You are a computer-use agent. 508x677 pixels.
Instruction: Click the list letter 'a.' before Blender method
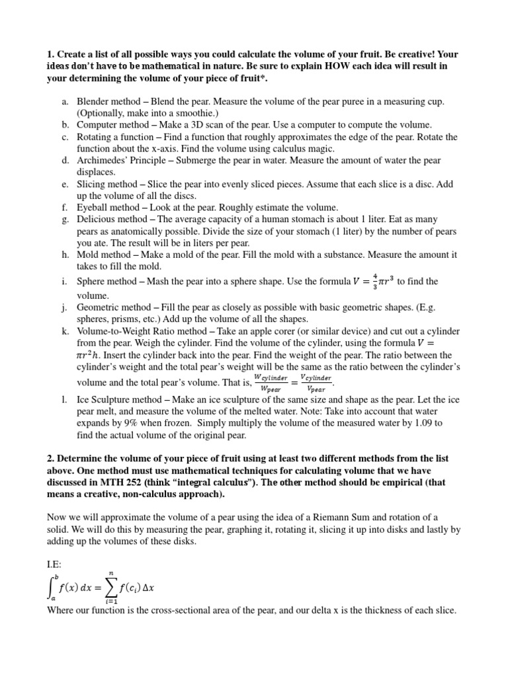coord(65,102)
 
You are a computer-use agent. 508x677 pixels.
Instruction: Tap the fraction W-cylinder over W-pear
coord(271,382)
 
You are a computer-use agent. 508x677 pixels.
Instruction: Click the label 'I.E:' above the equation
coord(56,548)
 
